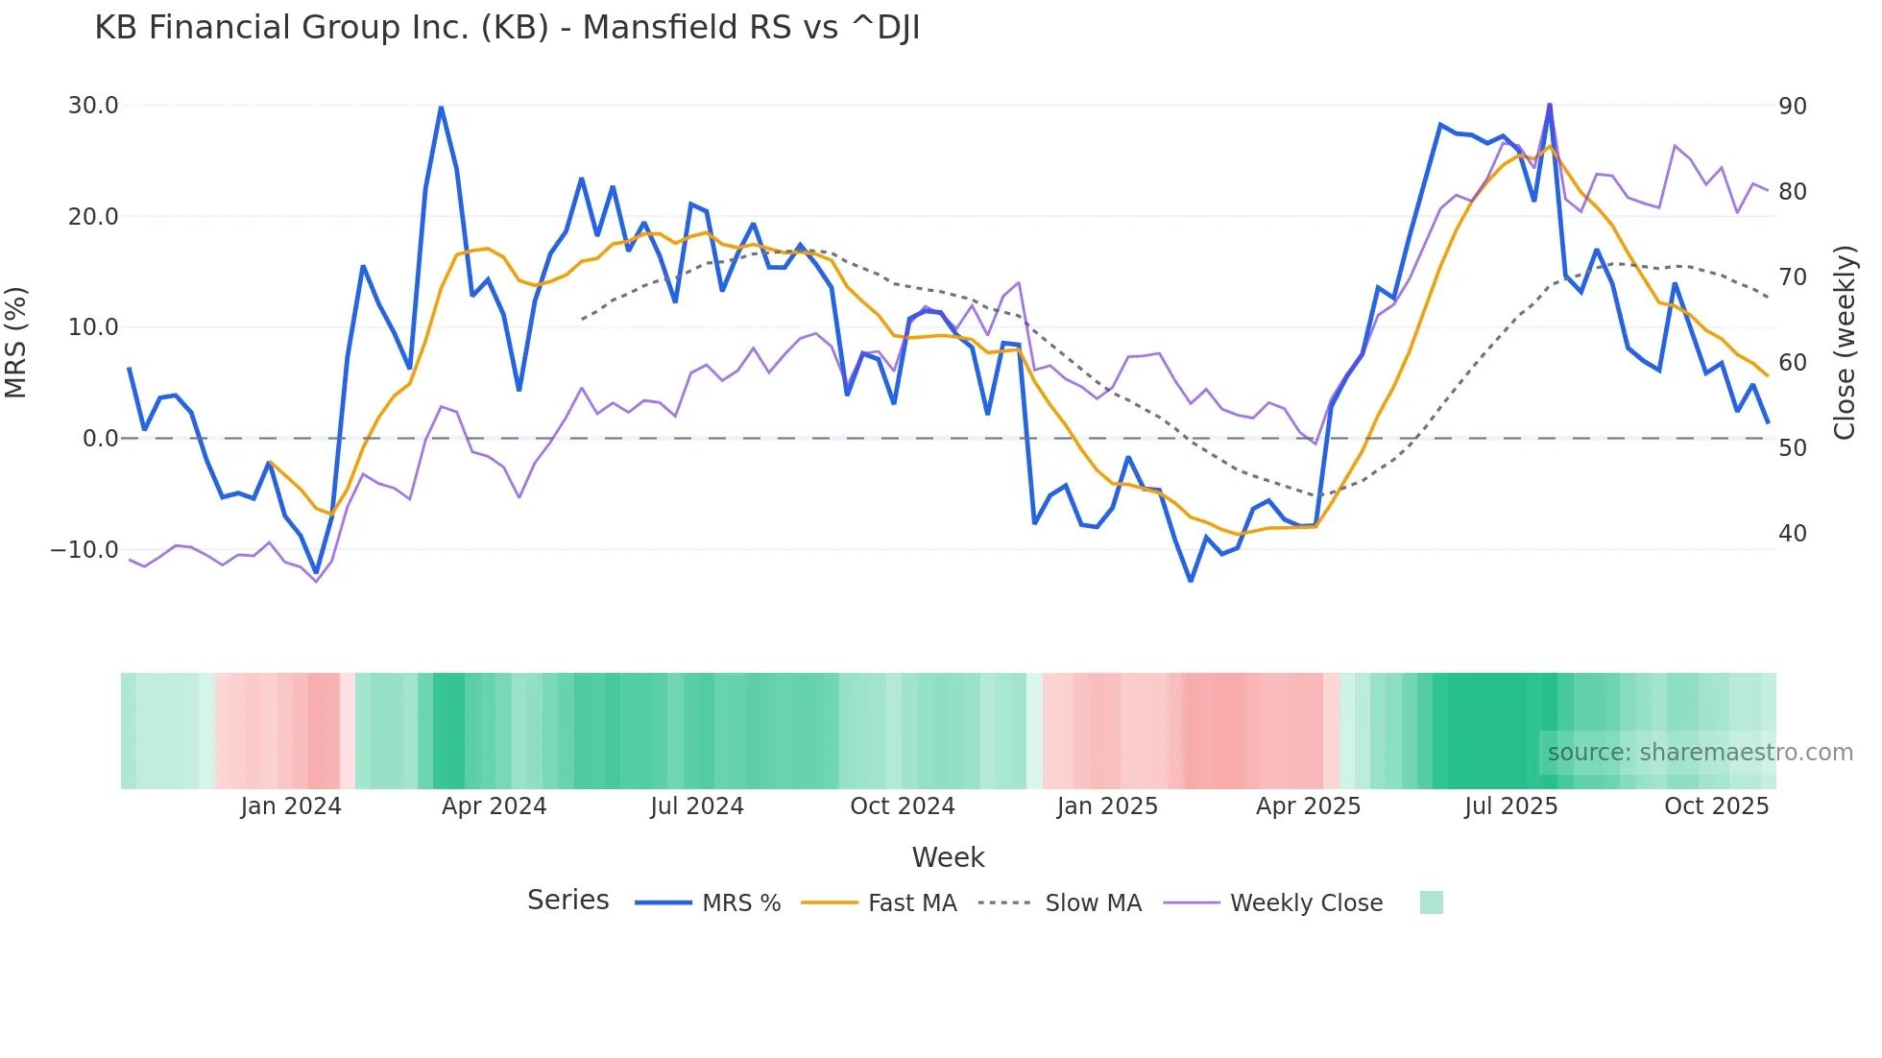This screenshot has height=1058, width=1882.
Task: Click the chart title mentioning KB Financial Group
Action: click(x=507, y=28)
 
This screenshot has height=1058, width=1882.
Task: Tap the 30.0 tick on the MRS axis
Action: click(x=93, y=106)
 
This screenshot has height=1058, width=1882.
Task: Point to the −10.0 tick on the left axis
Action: click(x=84, y=550)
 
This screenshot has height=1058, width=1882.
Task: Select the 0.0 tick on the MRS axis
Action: click(x=100, y=439)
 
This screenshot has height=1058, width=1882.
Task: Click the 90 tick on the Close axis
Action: click(x=1792, y=107)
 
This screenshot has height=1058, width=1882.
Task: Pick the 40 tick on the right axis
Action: click(x=1792, y=534)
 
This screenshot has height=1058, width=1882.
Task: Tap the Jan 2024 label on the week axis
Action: click(x=291, y=806)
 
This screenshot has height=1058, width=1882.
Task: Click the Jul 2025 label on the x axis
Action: click(x=1510, y=806)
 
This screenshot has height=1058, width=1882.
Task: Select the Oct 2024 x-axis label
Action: click(x=902, y=806)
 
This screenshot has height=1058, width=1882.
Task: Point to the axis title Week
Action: click(x=948, y=857)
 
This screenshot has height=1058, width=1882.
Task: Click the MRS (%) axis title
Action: click(x=16, y=342)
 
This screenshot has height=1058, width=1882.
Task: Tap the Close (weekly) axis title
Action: click(x=1844, y=343)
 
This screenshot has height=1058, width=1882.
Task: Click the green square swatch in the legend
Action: click(x=1431, y=902)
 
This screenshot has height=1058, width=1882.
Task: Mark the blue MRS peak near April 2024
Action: click(x=441, y=108)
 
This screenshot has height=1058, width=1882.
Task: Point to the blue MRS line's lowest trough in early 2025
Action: click(x=1191, y=581)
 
